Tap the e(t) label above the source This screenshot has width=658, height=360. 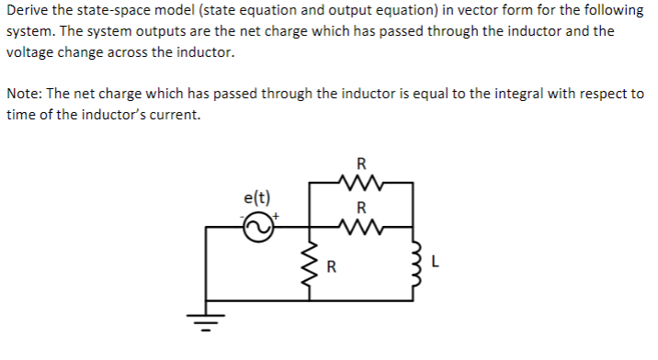tap(257, 197)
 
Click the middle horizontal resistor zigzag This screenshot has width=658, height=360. tap(360, 224)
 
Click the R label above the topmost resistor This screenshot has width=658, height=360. tap(360, 166)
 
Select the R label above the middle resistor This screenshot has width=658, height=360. tap(361, 207)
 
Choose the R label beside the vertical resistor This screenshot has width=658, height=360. tap(332, 269)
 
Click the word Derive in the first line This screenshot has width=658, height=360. tap(27, 10)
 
